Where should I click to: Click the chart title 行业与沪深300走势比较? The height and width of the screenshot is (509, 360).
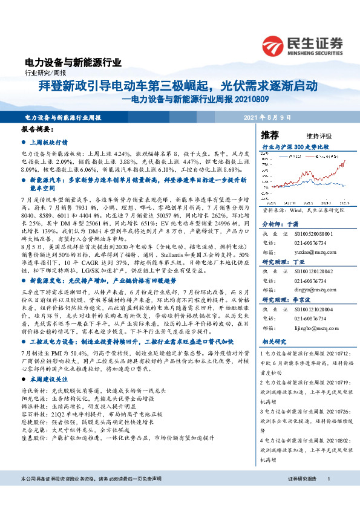(x=295, y=147)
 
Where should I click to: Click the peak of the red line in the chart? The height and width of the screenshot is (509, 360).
(x=344, y=162)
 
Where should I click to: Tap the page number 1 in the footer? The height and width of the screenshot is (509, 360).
(x=327, y=496)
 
